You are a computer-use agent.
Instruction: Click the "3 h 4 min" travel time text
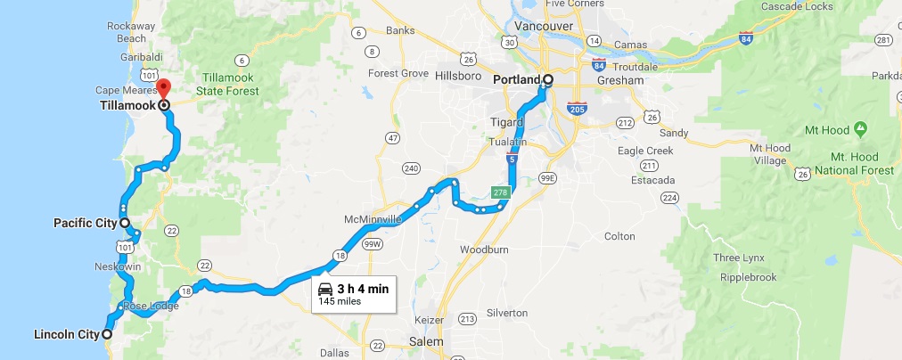pos(363,289)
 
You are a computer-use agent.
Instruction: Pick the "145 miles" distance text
pos(339,303)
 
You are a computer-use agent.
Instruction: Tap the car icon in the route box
pos(326,289)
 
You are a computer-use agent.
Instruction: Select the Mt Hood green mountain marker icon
pos(860,129)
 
